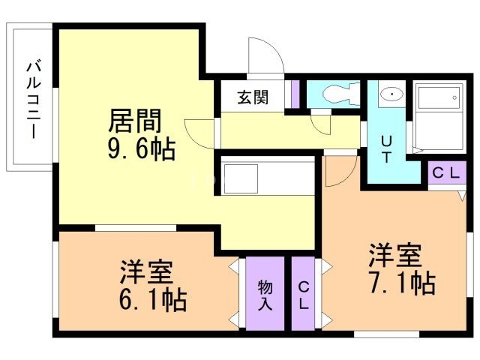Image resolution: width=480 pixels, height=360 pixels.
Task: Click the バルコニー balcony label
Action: coord(34,100)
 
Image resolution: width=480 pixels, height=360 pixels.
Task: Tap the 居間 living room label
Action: coord(135,121)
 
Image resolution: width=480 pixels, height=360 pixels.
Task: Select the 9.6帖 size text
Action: coord(142,149)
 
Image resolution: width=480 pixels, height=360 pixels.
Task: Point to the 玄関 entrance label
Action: coord(253,97)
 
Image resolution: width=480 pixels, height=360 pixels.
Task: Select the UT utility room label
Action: coord(386,150)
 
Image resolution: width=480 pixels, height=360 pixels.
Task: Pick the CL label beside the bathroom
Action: coord(446,173)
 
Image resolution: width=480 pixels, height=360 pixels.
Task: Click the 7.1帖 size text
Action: coord(402,283)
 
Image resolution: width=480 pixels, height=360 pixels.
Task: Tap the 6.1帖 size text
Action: coord(153,300)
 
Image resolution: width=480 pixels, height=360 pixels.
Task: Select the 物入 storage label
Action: coord(265,295)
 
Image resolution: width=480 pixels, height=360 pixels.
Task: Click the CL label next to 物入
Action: coord(303,295)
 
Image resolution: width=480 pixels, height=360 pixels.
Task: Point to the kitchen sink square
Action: coord(241,178)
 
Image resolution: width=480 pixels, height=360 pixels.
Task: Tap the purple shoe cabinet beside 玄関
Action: coord(295,94)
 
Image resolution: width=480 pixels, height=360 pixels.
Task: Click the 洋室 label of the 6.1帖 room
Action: coord(147,271)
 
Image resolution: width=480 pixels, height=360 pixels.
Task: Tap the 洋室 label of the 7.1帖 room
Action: coord(395,255)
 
